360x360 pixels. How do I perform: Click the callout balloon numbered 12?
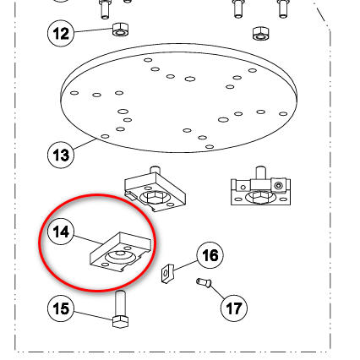pos(61,33)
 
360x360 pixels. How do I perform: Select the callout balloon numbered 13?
pos(61,155)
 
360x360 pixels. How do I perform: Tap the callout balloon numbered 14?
pos(61,232)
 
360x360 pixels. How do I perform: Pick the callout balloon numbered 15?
pos(61,308)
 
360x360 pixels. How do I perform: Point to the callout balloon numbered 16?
pos(210,255)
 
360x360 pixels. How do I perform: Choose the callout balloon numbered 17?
pos(234,308)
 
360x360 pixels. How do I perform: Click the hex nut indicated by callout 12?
pos(121,30)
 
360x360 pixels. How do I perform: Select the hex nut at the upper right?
pos(260,33)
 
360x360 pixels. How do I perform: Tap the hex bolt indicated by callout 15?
pos(120,309)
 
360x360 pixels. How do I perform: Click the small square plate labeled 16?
pos(167,273)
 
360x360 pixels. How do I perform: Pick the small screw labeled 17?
pos(204,282)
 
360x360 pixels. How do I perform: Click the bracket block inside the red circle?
pos(121,252)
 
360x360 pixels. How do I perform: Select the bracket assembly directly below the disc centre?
pos(155,188)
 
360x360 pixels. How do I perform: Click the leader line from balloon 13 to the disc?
pos(85,145)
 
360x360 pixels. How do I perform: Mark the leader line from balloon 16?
pos(185,266)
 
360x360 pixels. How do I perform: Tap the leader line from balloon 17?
pos(217,292)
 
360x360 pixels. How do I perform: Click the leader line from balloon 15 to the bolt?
pos(93,315)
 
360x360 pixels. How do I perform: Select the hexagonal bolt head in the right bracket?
pos(259,197)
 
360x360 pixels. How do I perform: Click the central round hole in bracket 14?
pos(120,254)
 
